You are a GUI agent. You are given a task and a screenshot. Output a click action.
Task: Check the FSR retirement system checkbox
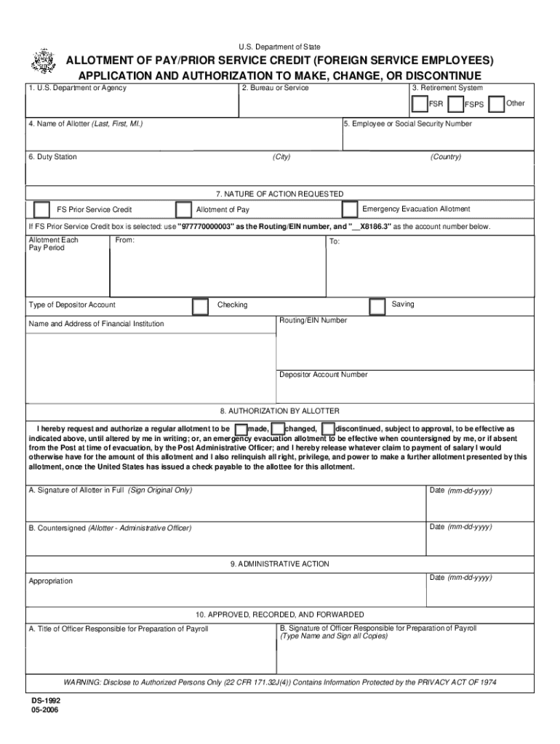click(x=420, y=104)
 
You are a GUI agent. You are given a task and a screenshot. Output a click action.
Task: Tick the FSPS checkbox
click(x=457, y=104)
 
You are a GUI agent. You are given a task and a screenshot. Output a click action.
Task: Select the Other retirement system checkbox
click(x=497, y=104)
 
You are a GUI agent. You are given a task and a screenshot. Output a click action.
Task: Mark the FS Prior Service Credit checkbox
click(x=42, y=210)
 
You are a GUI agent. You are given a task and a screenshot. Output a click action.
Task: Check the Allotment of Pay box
click(x=183, y=210)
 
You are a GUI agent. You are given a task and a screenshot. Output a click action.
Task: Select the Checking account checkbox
click(x=200, y=307)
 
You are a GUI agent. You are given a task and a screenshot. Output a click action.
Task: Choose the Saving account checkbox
click(x=377, y=307)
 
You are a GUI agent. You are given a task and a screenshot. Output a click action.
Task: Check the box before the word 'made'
click(x=241, y=429)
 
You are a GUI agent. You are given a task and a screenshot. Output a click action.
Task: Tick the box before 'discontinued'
click(x=328, y=429)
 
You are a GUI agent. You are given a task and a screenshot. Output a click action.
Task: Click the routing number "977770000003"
click(x=207, y=227)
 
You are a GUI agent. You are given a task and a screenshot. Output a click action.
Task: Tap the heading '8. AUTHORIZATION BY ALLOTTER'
click(x=280, y=411)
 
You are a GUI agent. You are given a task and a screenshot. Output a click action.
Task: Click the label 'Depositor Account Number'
click(x=324, y=375)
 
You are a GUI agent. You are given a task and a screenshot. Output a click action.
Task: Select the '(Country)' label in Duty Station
click(x=445, y=157)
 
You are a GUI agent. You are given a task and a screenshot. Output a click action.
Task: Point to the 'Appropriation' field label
click(x=51, y=581)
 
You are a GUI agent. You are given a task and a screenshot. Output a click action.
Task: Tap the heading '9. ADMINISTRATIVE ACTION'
click(x=280, y=564)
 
